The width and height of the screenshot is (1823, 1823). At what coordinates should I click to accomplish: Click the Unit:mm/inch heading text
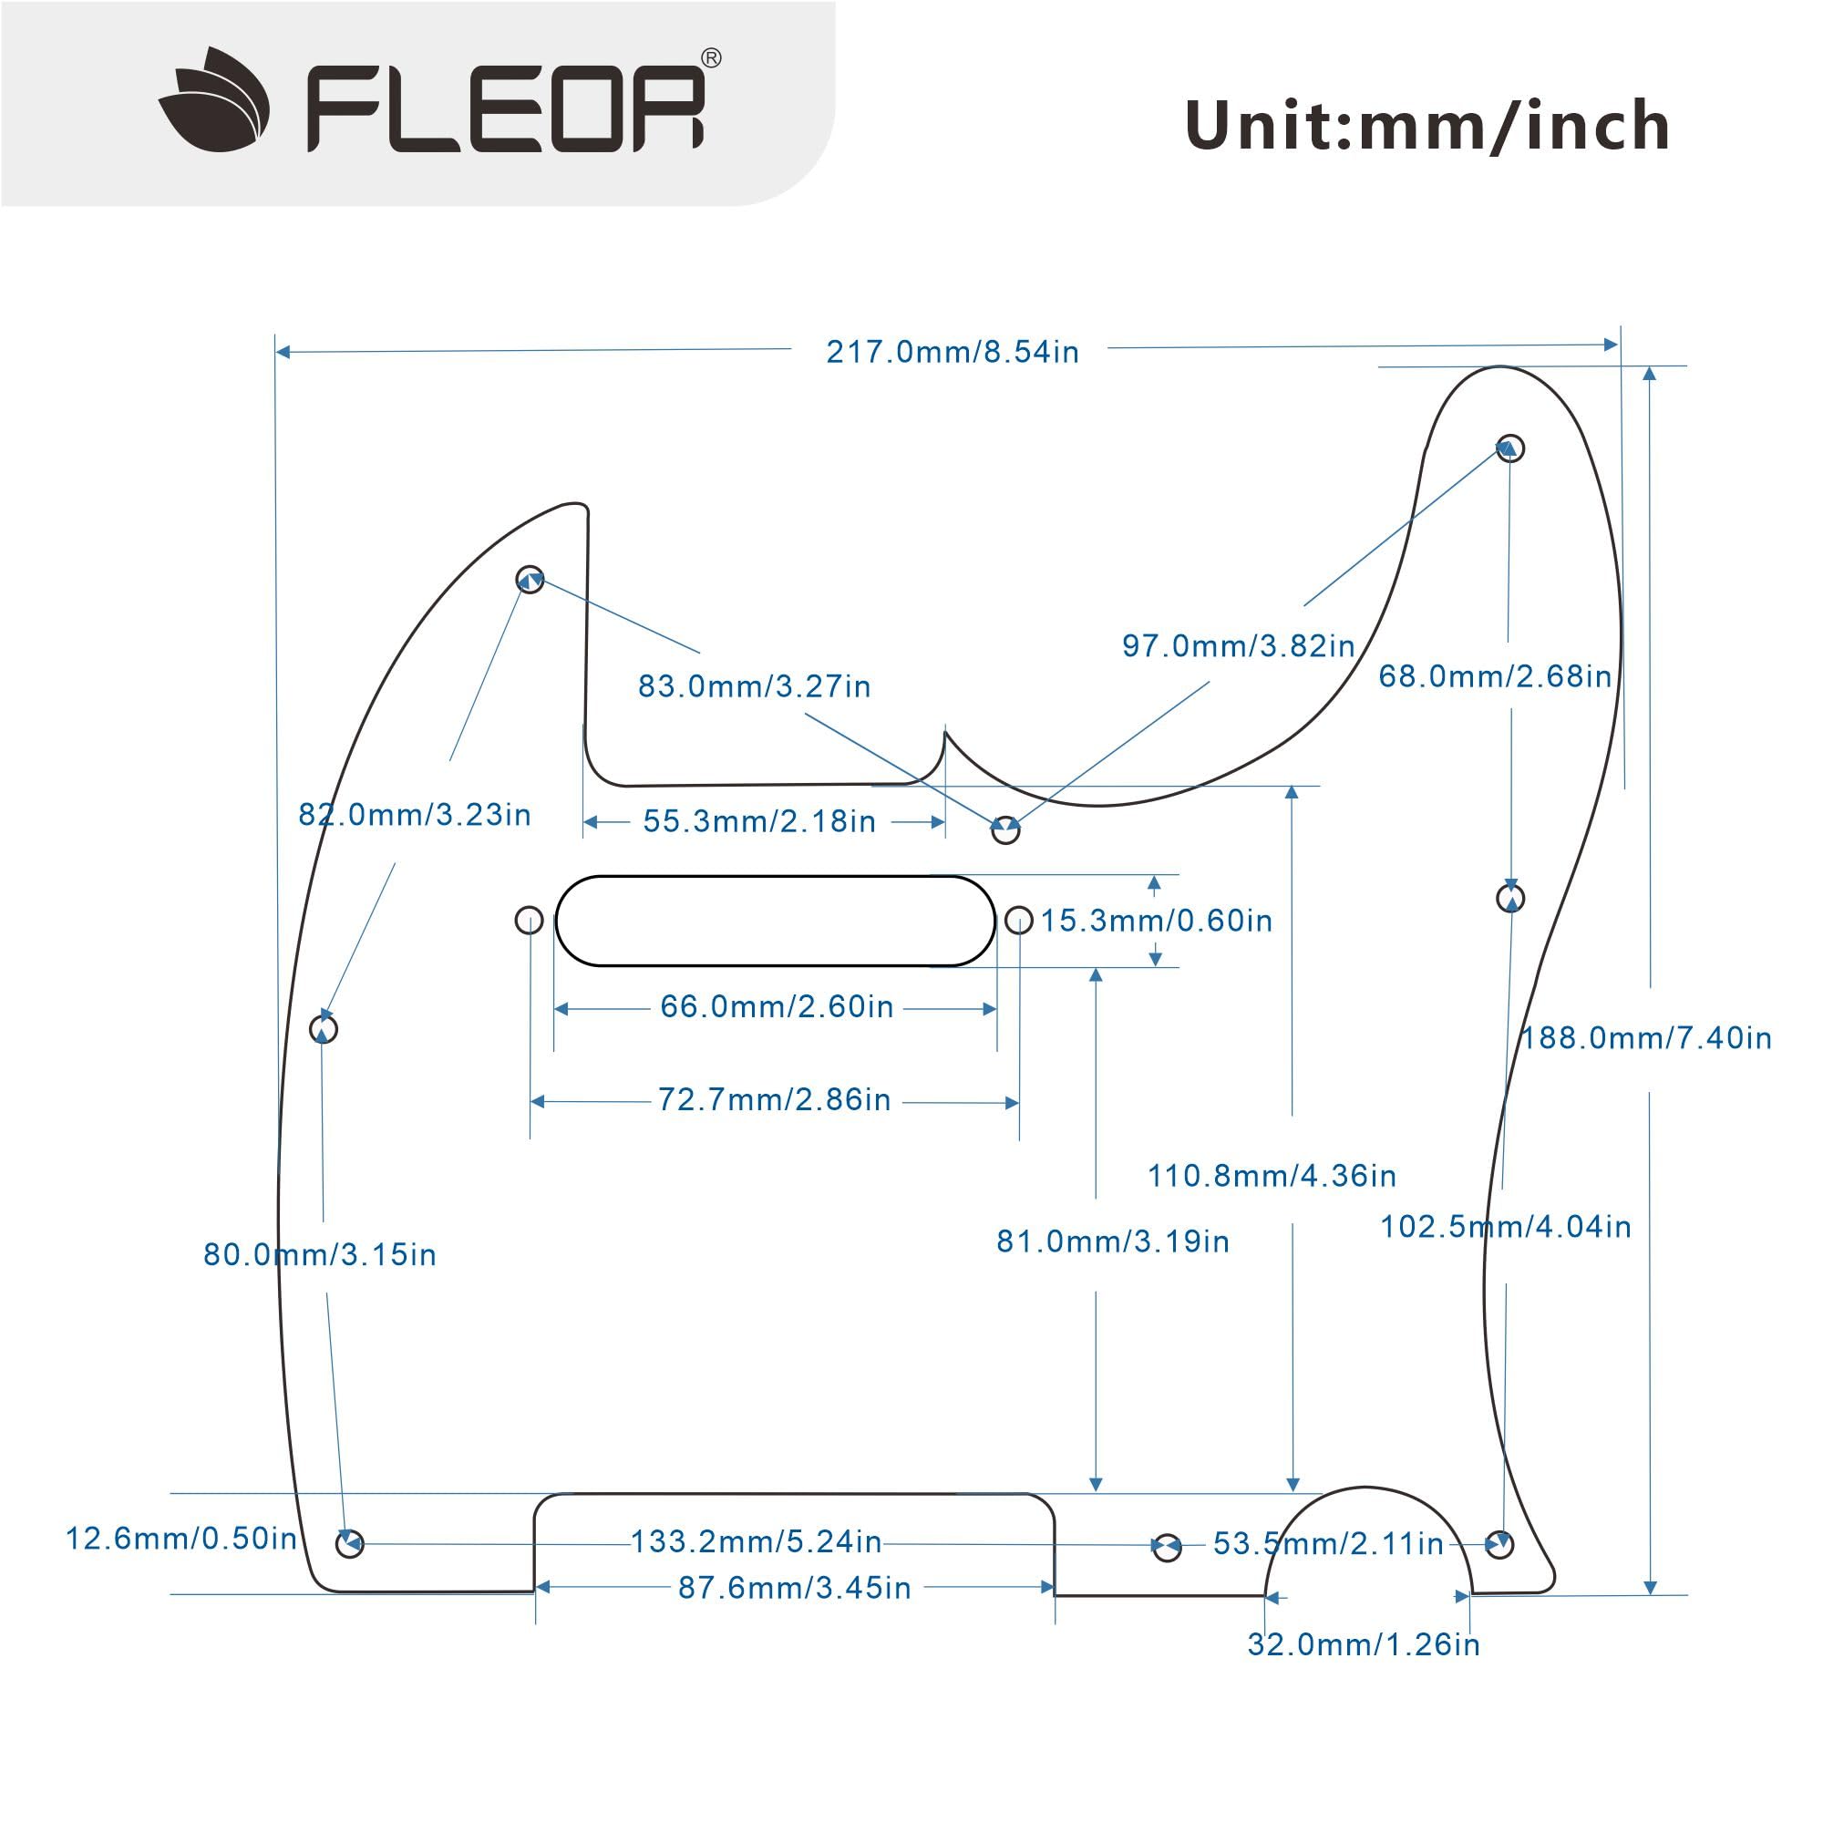pyautogui.click(x=1426, y=127)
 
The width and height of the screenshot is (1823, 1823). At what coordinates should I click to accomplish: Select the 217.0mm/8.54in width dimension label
pyautogui.click(x=953, y=352)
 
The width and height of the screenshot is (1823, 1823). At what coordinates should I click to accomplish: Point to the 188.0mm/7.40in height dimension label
pyautogui.click(x=1645, y=1039)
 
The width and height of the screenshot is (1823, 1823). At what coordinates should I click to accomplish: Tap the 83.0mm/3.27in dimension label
pyautogui.click(x=754, y=687)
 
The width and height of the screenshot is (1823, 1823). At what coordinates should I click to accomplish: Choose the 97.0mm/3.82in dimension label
pyautogui.click(x=1238, y=646)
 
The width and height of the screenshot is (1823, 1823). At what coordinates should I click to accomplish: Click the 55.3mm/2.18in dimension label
pyautogui.click(x=759, y=822)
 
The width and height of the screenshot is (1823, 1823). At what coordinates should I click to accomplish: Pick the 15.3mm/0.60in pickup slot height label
pyautogui.click(x=1156, y=921)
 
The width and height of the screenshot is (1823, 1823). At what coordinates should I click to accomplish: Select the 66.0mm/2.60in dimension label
pyautogui.click(x=777, y=1007)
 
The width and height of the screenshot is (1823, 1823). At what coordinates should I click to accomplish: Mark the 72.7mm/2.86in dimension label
pyautogui.click(x=774, y=1100)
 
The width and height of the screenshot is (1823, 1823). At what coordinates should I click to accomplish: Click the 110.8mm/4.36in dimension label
pyautogui.click(x=1271, y=1176)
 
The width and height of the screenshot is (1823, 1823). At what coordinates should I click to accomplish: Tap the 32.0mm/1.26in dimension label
pyautogui.click(x=1364, y=1644)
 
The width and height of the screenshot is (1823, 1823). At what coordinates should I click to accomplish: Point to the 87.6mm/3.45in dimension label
pyautogui.click(x=795, y=1588)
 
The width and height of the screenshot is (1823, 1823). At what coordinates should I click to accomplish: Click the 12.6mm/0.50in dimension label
pyautogui.click(x=181, y=1539)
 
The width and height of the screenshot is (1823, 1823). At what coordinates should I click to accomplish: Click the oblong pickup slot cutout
pyautogui.click(x=775, y=921)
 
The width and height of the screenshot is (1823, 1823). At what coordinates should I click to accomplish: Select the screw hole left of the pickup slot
pyautogui.click(x=530, y=920)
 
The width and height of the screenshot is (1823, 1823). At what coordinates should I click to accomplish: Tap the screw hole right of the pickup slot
pyautogui.click(x=1019, y=920)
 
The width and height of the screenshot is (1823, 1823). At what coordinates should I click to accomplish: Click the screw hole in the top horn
pyautogui.click(x=1510, y=448)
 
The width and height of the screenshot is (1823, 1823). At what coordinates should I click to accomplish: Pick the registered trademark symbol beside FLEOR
pyautogui.click(x=713, y=58)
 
